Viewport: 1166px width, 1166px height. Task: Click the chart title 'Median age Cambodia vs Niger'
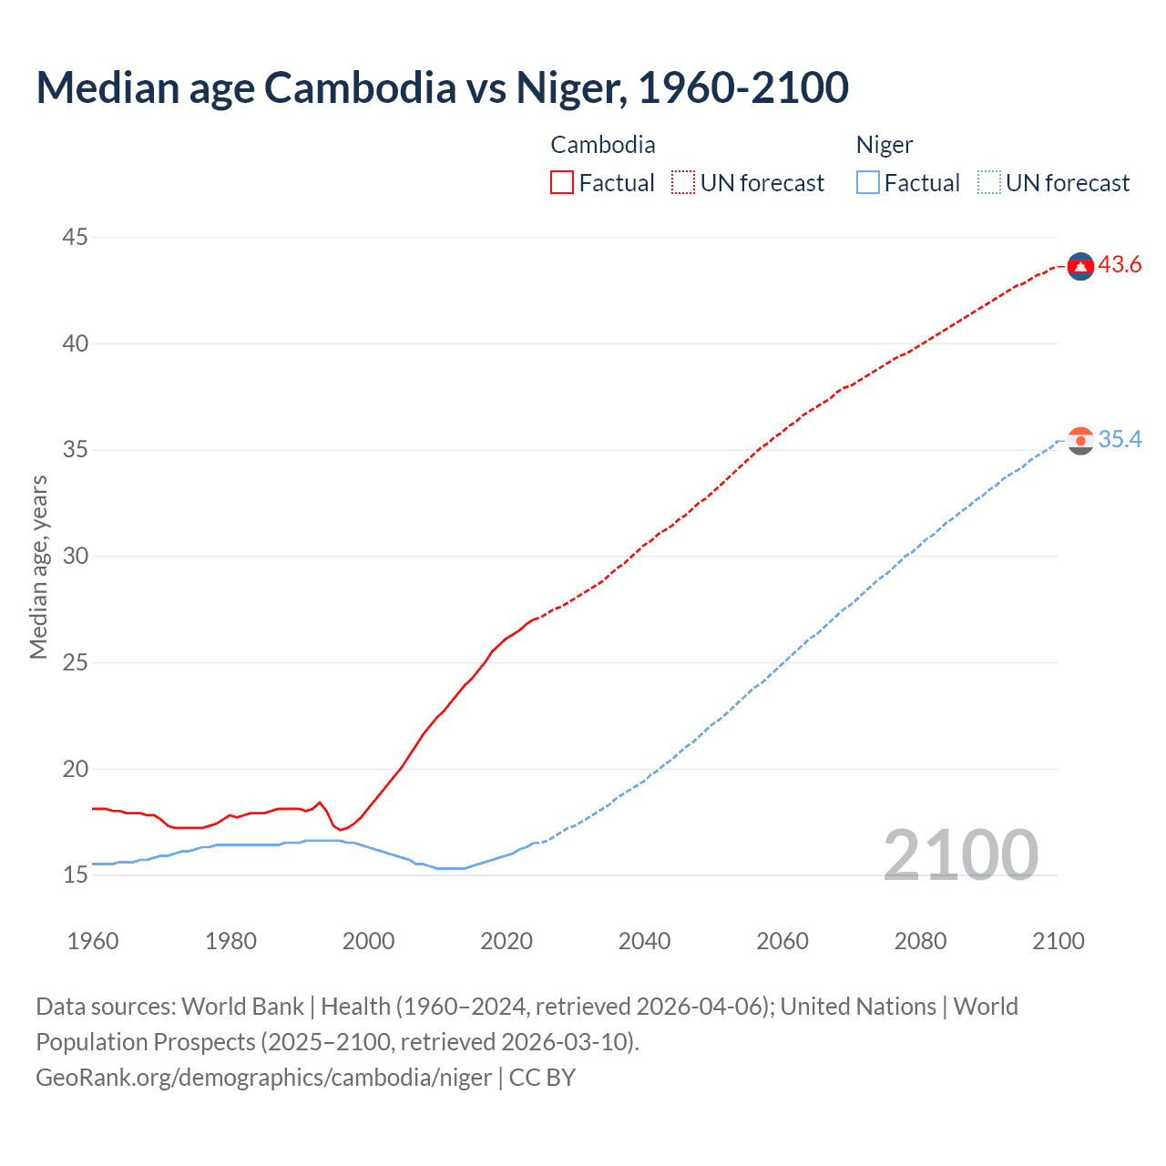(x=443, y=87)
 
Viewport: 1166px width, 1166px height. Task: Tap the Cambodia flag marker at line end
(x=1080, y=266)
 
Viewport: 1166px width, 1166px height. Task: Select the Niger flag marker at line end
(x=1080, y=441)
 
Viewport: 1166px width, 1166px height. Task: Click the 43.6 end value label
(x=1120, y=265)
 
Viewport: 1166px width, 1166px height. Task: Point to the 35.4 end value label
(x=1120, y=440)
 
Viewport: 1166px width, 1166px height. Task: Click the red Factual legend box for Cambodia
(x=562, y=183)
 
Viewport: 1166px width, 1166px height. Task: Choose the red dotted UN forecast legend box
(x=683, y=183)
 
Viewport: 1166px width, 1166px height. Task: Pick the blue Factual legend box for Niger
(x=868, y=183)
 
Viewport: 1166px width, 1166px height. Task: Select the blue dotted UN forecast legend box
(x=989, y=183)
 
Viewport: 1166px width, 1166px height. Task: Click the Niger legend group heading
(x=884, y=145)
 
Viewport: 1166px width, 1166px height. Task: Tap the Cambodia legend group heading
(x=602, y=145)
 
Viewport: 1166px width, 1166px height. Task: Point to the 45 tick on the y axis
(x=75, y=238)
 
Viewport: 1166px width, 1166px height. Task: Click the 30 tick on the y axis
(x=75, y=557)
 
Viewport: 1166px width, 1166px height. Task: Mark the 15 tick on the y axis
(x=75, y=875)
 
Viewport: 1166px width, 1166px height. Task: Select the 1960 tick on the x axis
(x=93, y=941)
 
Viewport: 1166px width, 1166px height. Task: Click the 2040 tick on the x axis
(x=644, y=941)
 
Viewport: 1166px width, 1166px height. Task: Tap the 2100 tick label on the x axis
(x=1058, y=941)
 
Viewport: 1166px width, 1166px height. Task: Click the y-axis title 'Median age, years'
(x=38, y=567)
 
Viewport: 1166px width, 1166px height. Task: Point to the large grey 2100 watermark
(x=960, y=854)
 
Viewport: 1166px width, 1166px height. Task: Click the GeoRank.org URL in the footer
(x=263, y=1078)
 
